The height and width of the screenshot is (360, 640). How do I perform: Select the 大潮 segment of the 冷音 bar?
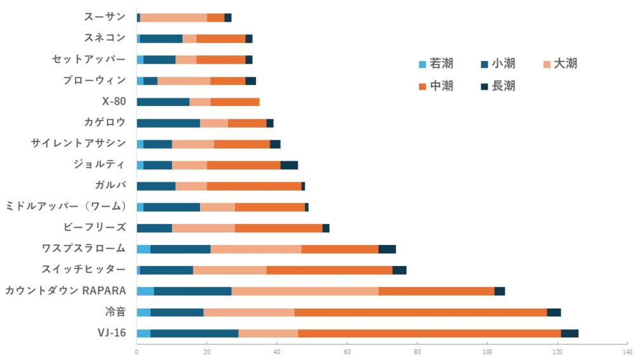249,312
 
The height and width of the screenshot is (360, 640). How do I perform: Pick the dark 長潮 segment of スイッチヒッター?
399,270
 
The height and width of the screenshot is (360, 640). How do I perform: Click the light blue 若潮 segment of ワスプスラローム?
143,249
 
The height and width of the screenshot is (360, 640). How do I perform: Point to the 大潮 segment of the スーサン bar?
173,18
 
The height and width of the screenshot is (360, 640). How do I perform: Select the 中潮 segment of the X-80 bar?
235,102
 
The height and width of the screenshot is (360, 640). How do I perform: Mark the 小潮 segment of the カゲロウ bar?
168,123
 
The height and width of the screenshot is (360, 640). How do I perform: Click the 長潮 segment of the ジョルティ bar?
289,165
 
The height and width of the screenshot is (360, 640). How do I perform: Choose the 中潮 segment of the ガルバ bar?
254,186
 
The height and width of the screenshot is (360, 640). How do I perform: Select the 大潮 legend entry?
559,63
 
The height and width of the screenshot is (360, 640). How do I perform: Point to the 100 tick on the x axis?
487,351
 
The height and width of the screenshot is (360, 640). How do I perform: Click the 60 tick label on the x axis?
347,351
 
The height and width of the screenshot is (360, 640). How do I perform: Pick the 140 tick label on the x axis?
627,351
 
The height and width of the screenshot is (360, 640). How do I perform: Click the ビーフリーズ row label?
95,227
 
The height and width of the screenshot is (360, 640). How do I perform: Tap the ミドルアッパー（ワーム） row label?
66,206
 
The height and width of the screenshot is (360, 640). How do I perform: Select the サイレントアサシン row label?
78,143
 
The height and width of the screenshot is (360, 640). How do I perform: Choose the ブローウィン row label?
94,81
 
